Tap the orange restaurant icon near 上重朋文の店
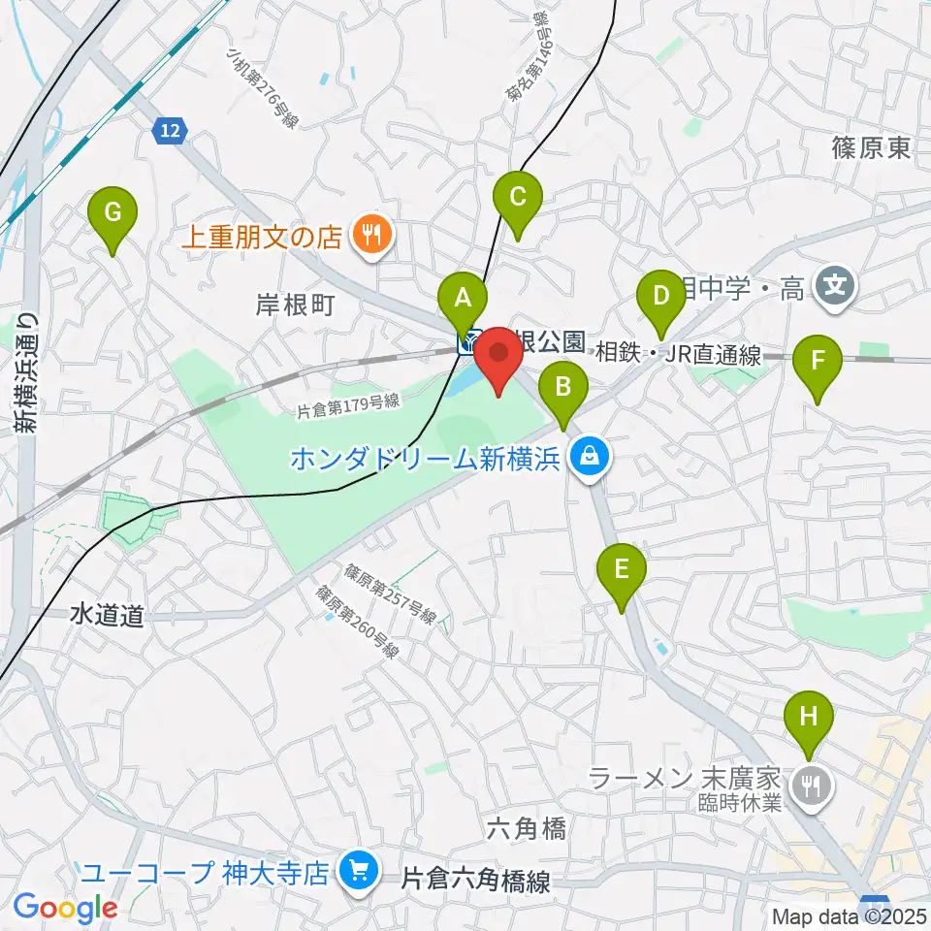click(369, 234)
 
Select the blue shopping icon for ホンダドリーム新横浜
click(588, 454)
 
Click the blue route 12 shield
click(170, 130)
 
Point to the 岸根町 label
click(297, 306)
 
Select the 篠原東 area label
click(870, 147)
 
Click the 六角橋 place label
click(526, 828)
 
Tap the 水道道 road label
click(107, 615)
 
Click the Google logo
click(65, 909)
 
